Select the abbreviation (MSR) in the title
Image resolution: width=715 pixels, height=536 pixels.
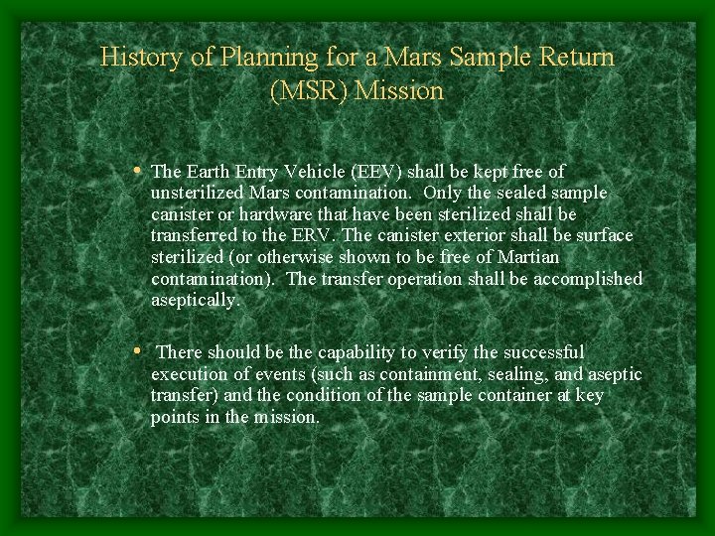pyautogui.click(x=309, y=91)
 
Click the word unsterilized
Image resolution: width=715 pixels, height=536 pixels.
pyautogui.click(x=199, y=193)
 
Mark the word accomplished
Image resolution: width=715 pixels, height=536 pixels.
pyautogui.click(x=586, y=279)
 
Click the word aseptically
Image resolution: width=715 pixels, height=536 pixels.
pyautogui.click(x=195, y=301)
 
